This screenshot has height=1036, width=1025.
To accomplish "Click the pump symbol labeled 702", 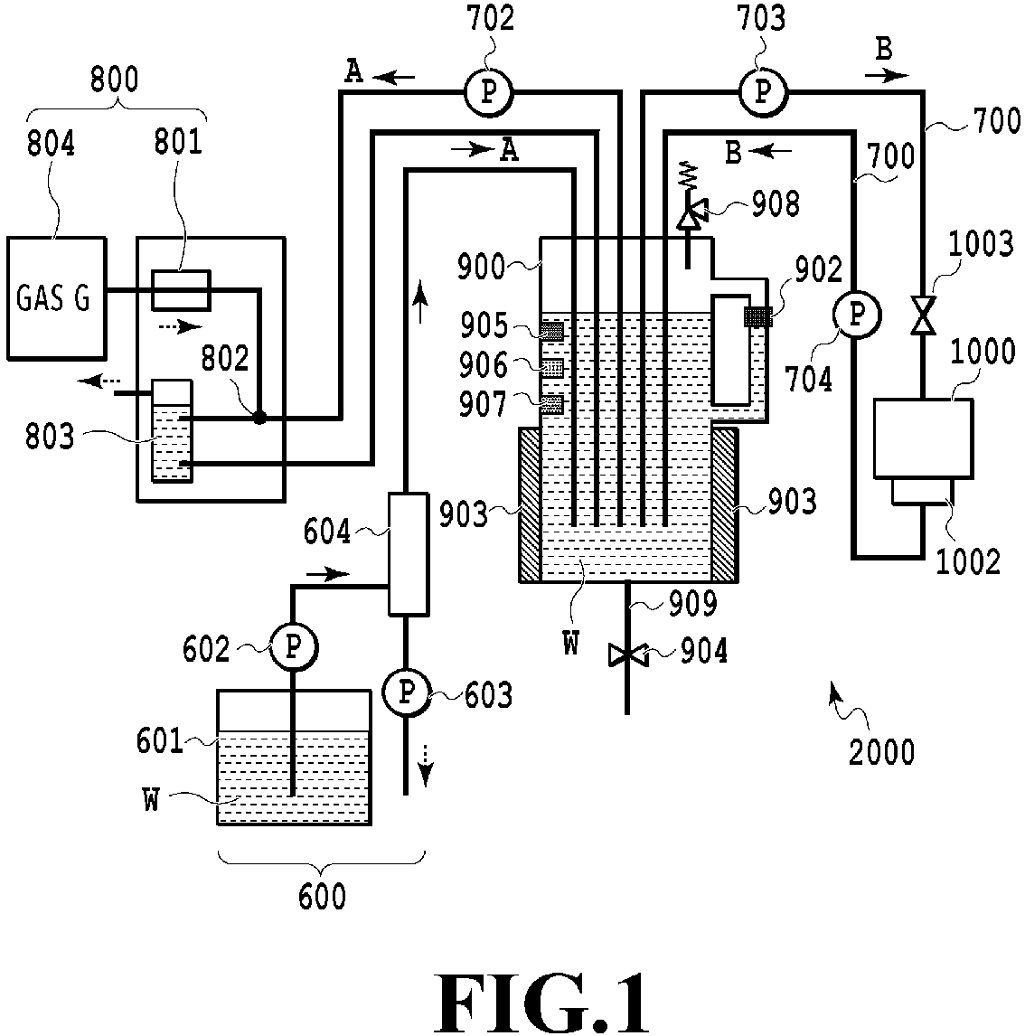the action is (x=489, y=92).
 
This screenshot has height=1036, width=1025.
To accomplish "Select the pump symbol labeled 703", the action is (x=763, y=91).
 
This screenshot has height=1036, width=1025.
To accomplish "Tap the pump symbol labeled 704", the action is (x=857, y=314).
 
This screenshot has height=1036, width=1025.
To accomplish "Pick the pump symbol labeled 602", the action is (x=293, y=647).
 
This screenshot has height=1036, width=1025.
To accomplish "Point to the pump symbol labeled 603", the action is (x=406, y=692).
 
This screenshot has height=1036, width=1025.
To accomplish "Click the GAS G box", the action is (x=56, y=298).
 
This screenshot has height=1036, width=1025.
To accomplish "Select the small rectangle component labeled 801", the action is (x=181, y=289).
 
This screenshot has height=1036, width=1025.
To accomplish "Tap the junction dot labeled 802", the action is (x=259, y=418).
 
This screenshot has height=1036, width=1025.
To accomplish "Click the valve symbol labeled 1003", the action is (x=923, y=316).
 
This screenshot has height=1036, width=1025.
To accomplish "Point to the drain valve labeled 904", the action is (x=626, y=655).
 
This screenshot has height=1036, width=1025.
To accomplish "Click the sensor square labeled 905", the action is (x=552, y=330).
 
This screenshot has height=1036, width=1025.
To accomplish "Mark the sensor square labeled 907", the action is (x=552, y=404).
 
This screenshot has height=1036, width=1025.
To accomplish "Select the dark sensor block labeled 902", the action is (x=757, y=316).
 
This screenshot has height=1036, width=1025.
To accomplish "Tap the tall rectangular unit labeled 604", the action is (x=409, y=553).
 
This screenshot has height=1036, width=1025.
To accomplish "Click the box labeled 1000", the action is (x=923, y=438).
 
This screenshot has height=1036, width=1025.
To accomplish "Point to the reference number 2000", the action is (x=881, y=752).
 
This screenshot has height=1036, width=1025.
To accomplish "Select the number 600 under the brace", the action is (x=323, y=897).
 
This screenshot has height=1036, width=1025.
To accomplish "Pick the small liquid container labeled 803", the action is (x=172, y=431).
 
